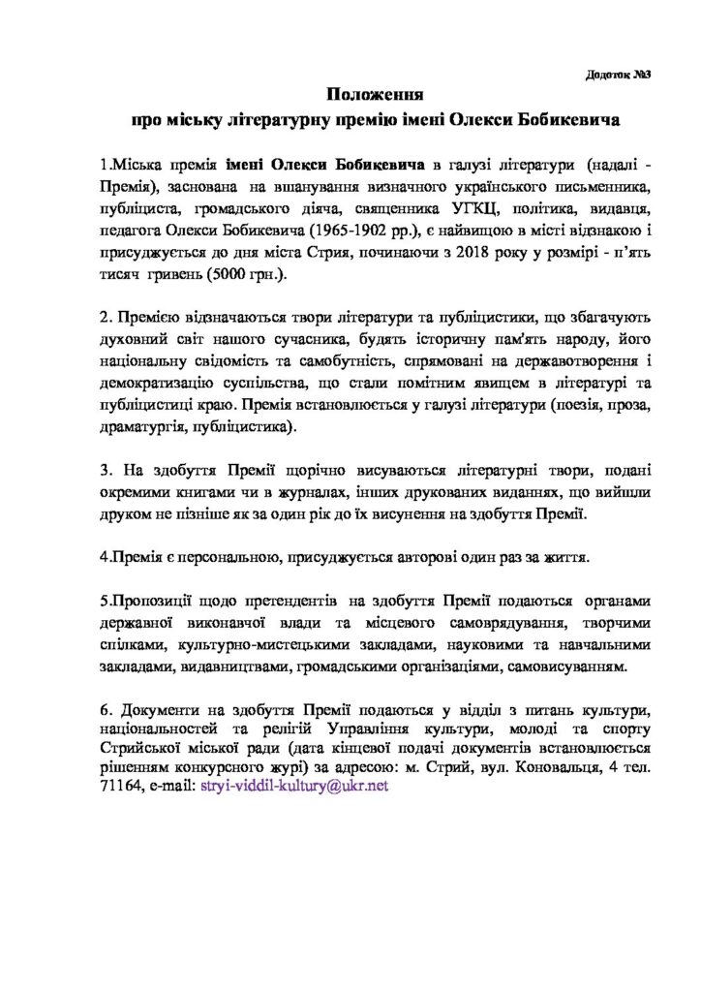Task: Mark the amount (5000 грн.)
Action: (229, 277)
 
